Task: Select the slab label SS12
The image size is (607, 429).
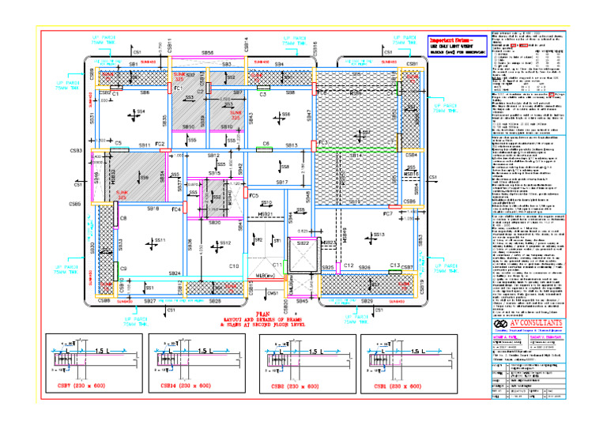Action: tap(224, 243)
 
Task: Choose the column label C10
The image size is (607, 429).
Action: tap(234, 266)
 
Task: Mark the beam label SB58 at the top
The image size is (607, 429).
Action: tap(207, 52)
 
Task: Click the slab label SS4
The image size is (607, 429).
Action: tap(140, 111)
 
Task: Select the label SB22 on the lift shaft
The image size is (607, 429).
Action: tap(303, 244)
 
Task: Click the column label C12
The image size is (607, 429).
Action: tap(348, 265)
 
